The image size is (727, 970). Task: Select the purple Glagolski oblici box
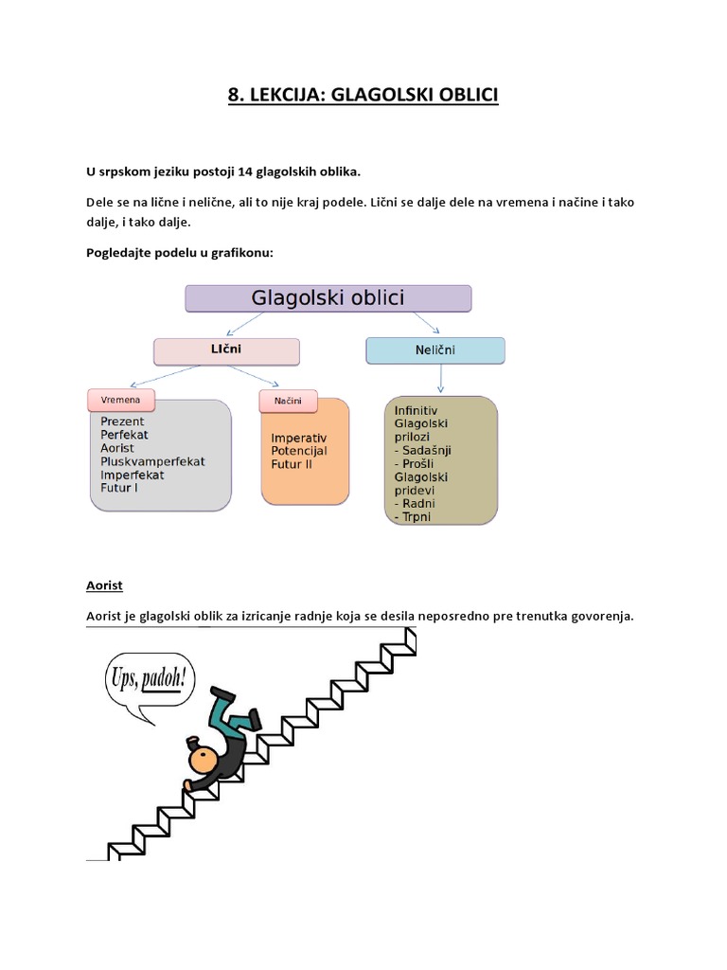tap(328, 298)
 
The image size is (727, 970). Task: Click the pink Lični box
tap(226, 351)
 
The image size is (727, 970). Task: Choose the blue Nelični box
tap(435, 350)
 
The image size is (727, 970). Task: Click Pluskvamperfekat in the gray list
tap(152, 461)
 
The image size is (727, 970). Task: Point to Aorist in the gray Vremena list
tap(117, 448)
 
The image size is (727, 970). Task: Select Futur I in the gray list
tap(119, 488)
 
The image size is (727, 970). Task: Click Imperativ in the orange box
tap(298, 439)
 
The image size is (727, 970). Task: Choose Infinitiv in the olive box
tap(417, 410)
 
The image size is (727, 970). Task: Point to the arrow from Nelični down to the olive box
tap(440, 379)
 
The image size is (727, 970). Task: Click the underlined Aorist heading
tap(104, 585)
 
